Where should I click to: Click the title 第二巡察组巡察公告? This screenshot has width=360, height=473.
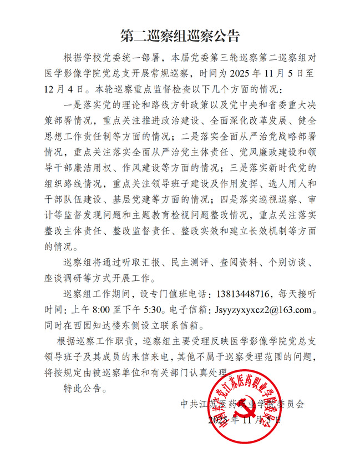pyautogui.click(x=180, y=37)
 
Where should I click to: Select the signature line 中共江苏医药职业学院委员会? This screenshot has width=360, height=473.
pyautogui.click(x=258, y=404)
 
